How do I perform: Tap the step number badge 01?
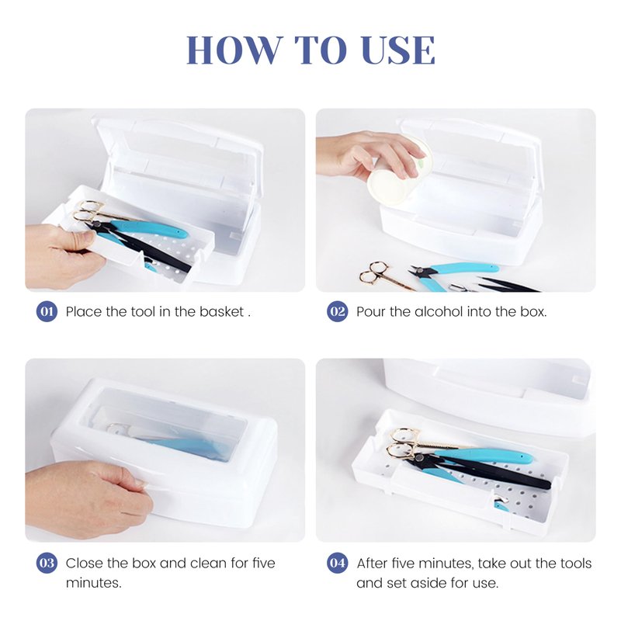coord(47,312)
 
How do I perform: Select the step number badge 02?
coord(338,312)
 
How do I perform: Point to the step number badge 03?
coord(47,563)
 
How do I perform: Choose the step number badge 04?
coord(338,563)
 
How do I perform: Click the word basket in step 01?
coord(221,312)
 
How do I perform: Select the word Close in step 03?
coord(82,563)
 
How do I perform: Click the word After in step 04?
coord(373,563)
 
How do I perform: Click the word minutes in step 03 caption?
coord(93,583)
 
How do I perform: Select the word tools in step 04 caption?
coord(576,563)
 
